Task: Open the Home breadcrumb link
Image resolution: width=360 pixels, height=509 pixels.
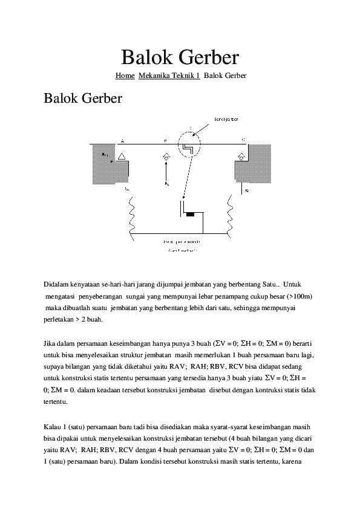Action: click(125, 76)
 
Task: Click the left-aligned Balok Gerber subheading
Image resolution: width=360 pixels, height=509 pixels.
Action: click(83, 98)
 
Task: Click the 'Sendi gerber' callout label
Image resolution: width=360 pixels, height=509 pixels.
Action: click(225, 118)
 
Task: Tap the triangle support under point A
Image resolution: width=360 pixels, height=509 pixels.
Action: click(122, 156)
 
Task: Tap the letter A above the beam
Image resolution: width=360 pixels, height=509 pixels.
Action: click(122, 141)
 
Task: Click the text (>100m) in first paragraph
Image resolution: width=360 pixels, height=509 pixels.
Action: click(299, 296)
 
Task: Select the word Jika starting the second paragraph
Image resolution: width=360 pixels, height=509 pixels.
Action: click(51, 341)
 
